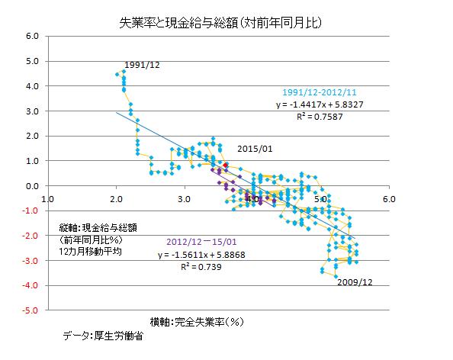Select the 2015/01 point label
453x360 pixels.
tap(255, 149)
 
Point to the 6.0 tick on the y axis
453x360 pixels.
tap(32, 36)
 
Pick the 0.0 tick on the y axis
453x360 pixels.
tap(32, 186)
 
